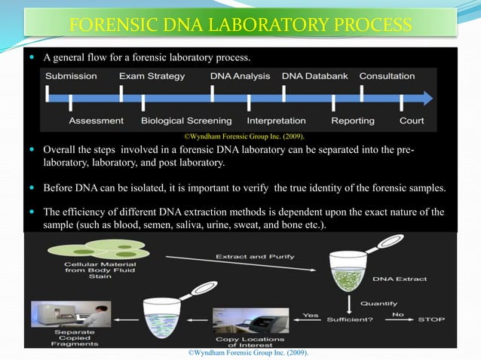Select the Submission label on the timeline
coord(71,76)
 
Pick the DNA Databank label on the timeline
coord(312,76)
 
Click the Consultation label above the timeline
coord(387,76)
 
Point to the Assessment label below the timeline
coord(96,121)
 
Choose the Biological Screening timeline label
coord(186,121)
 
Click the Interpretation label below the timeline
coord(276,121)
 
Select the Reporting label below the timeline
coord(353,121)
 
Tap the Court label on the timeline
coord(412,121)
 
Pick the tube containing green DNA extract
coord(349,268)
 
